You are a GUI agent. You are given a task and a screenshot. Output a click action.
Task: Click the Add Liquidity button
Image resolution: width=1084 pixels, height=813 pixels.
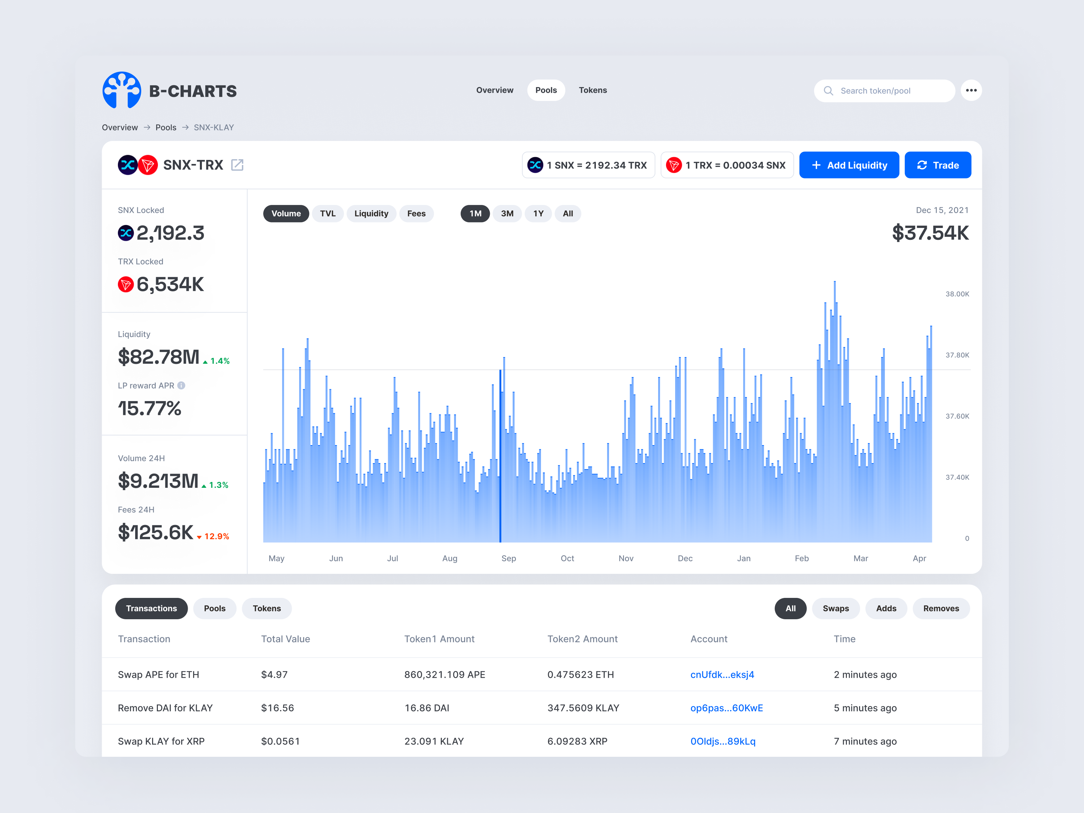coord(849,165)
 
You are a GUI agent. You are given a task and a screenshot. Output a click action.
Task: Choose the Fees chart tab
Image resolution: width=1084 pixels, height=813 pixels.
coord(416,214)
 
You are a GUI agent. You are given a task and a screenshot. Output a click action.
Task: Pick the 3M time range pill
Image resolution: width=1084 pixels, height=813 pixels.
coord(507,214)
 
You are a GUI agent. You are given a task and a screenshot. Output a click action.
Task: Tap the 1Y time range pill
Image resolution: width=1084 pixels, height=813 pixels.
coord(538,214)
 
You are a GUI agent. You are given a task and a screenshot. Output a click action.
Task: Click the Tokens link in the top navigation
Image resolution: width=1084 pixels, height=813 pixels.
coord(592,90)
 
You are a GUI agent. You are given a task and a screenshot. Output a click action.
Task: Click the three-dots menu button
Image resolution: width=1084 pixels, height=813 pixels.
coord(971,90)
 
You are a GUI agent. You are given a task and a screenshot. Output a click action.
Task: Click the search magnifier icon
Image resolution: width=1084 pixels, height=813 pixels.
coord(828,91)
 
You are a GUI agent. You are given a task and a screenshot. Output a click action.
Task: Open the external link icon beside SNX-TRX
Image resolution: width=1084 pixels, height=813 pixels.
coord(237,165)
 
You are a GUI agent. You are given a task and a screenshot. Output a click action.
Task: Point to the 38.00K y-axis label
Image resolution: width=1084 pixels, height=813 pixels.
coord(957,294)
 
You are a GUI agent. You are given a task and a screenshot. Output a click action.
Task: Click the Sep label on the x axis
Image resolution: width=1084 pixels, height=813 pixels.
coord(508,558)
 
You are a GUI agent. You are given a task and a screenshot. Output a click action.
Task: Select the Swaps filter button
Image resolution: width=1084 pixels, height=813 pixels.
coord(836,608)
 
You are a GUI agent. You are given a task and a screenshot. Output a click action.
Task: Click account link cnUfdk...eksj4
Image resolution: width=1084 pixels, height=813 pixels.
coord(722,674)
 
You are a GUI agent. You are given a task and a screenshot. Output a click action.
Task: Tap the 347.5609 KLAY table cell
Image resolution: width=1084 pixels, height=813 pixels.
coord(583,708)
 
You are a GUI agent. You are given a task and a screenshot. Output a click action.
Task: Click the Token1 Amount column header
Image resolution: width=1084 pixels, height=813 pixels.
coord(439,639)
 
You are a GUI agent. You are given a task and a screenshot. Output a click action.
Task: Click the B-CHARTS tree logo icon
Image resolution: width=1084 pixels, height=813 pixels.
coord(122,90)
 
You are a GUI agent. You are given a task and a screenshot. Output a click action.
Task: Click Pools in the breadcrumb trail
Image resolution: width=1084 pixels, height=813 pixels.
coord(166,127)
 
